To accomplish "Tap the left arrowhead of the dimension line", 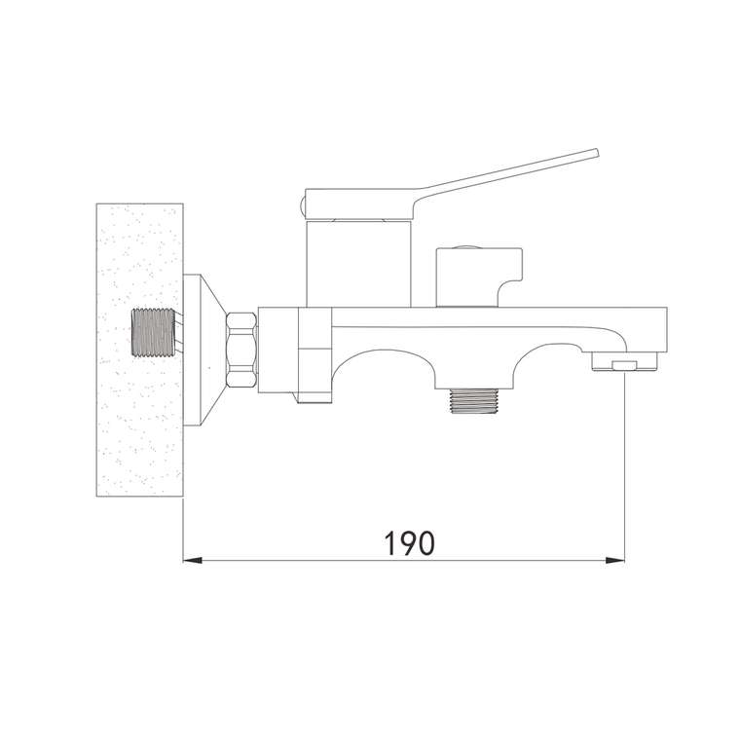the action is (x=193, y=560).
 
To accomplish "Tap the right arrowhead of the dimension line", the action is (x=615, y=560).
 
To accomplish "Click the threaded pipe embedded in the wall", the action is (x=153, y=332).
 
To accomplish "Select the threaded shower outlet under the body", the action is (x=473, y=401).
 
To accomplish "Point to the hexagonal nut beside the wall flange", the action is (x=242, y=350).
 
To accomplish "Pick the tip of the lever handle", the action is (x=596, y=153).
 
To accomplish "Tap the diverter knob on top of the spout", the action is (x=479, y=277).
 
